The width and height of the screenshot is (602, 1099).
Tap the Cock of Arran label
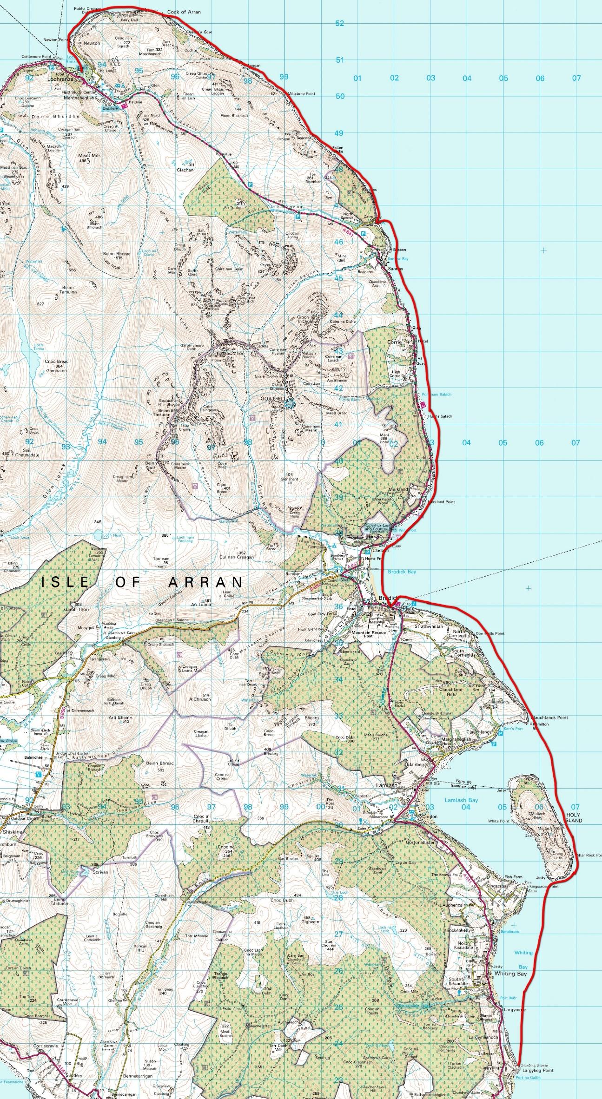[184, 12]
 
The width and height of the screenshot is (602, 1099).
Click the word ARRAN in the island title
[205, 582]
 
